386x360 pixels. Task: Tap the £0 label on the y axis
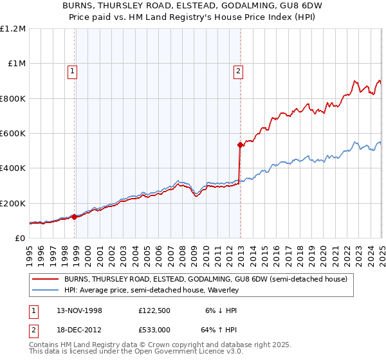(x=20, y=239)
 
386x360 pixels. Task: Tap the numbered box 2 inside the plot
(x=238, y=71)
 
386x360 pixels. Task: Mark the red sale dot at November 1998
(x=75, y=217)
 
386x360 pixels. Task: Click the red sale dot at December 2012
(x=240, y=145)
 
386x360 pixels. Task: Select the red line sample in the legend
(x=46, y=279)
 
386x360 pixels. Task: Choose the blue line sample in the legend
(x=46, y=290)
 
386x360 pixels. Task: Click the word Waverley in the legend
(x=223, y=290)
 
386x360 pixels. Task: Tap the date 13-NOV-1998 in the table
(x=75, y=310)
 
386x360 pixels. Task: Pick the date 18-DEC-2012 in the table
(x=75, y=332)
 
